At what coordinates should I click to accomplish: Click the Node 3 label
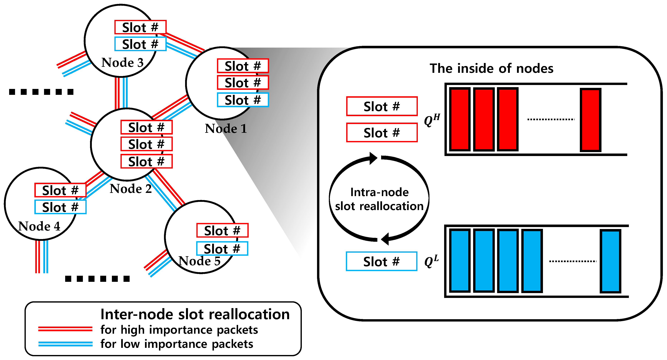tap(122, 63)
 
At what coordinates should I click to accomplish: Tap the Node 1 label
tap(226, 129)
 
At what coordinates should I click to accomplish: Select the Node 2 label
tap(130, 189)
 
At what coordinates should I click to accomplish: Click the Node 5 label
tap(199, 261)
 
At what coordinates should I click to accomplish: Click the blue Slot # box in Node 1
tap(243, 100)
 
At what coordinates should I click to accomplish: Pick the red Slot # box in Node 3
tap(140, 27)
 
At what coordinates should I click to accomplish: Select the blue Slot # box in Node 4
tap(60, 207)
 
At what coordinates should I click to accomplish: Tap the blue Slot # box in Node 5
tap(222, 249)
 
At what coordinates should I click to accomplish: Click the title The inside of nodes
tap(491, 69)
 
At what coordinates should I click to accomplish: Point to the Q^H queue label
tap(432, 120)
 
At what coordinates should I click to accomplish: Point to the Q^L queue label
tap(431, 261)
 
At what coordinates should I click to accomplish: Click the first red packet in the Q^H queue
tap(460, 119)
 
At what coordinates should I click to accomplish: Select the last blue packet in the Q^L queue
tap(610, 261)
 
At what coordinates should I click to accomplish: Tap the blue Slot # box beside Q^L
tap(381, 261)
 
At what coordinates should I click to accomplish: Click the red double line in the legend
tap(65, 329)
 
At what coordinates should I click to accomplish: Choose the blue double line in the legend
tap(65, 344)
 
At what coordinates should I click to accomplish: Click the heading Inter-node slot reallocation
tap(195, 314)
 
